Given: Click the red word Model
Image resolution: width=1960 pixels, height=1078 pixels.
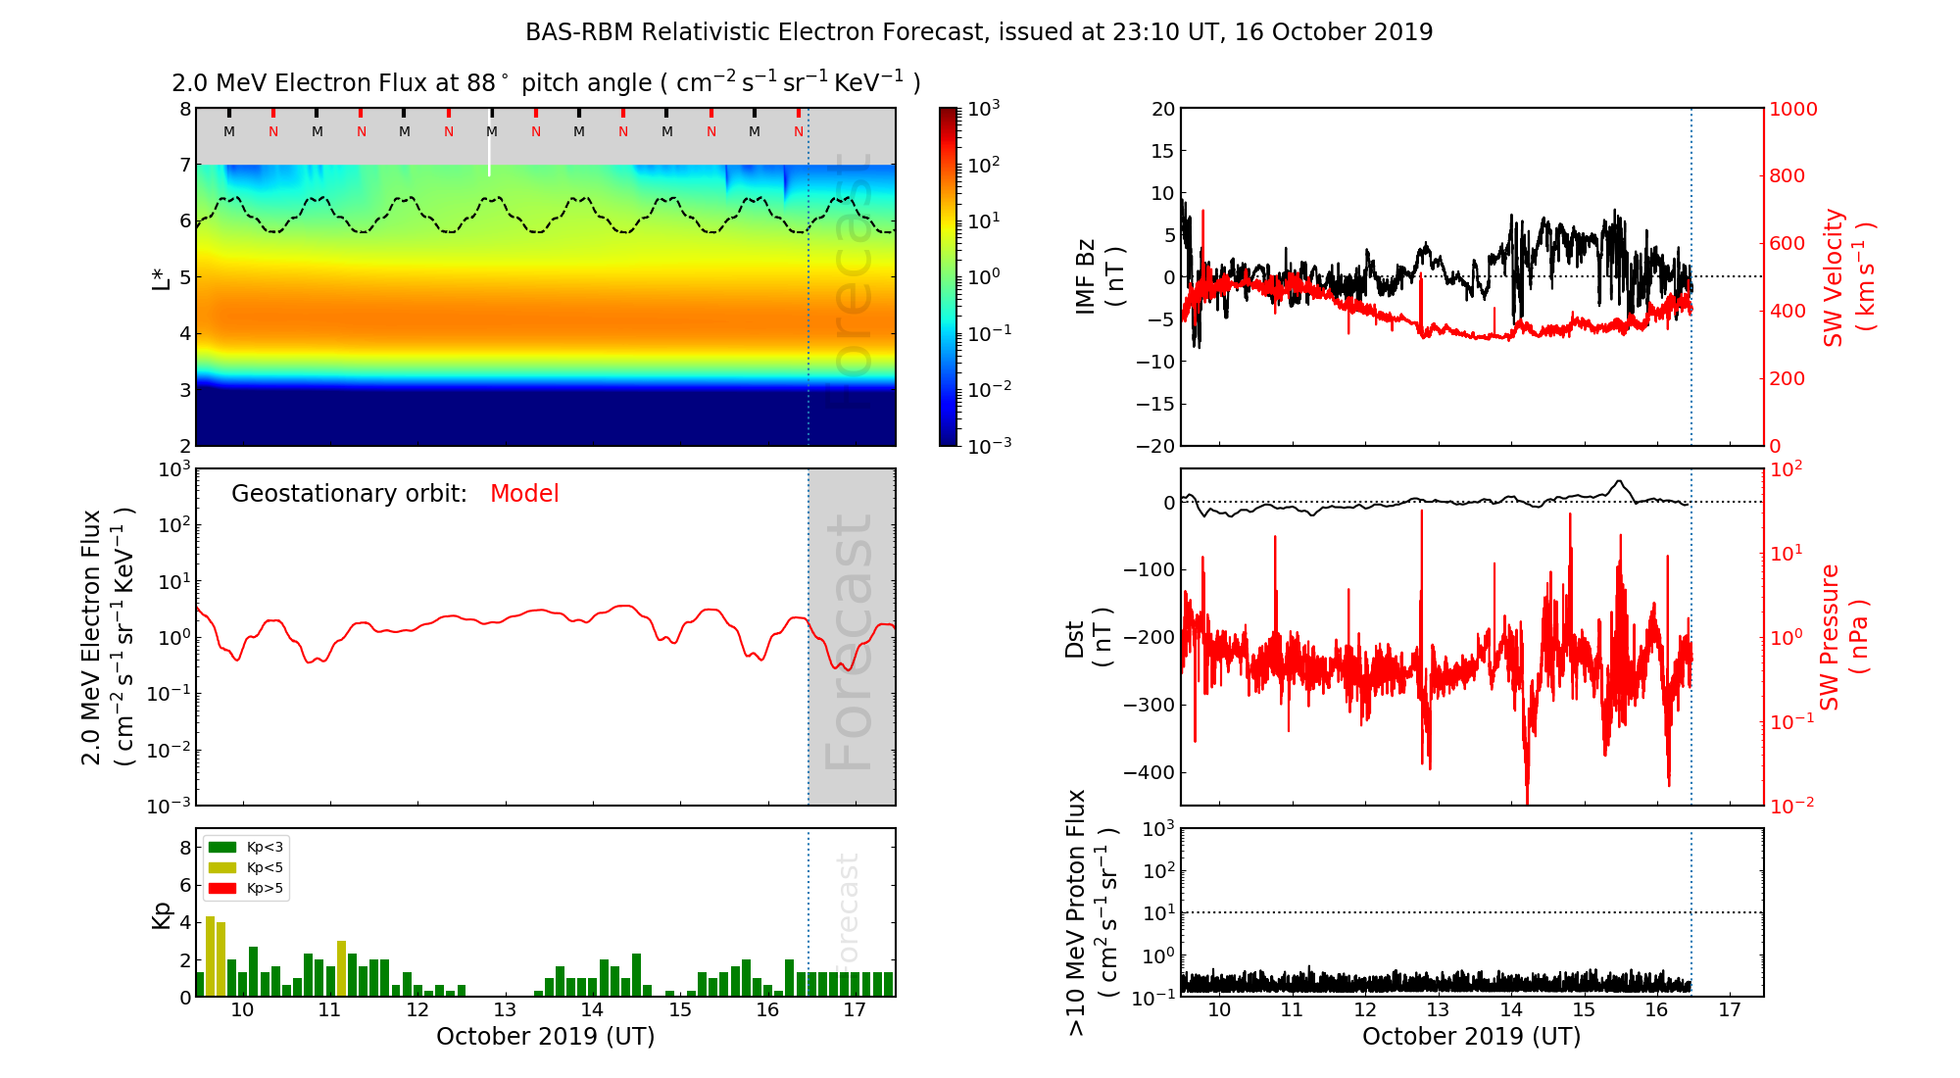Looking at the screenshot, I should coord(524,494).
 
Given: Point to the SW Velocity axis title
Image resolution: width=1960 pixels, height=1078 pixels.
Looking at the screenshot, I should coord(1848,277).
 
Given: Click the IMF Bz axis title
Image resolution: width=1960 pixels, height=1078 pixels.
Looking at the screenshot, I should coord(1100,277).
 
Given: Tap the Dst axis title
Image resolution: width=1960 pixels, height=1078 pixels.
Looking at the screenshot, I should coord(1088,638).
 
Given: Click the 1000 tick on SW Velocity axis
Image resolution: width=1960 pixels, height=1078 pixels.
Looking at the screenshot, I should coord(1792,109).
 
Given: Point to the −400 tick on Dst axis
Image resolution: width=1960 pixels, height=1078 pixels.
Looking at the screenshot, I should coord(1149,772).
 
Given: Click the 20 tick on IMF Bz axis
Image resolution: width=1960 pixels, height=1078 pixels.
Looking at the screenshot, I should coord(1162,109).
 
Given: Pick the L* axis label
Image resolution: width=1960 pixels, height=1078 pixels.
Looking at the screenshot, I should coord(161,277).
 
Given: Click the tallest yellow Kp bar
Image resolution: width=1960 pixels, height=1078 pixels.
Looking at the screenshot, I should coord(211,955).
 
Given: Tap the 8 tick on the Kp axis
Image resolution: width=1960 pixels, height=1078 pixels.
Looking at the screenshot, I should coord(185,848).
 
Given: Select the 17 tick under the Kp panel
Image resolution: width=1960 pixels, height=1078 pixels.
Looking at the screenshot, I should coord(855,1010).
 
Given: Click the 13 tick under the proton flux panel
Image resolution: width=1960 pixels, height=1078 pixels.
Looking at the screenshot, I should coord(1438,1010).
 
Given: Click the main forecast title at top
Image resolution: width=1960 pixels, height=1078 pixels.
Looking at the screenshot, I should coord(979,32).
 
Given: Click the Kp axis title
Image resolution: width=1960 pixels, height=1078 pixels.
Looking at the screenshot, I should coord(161,915).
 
